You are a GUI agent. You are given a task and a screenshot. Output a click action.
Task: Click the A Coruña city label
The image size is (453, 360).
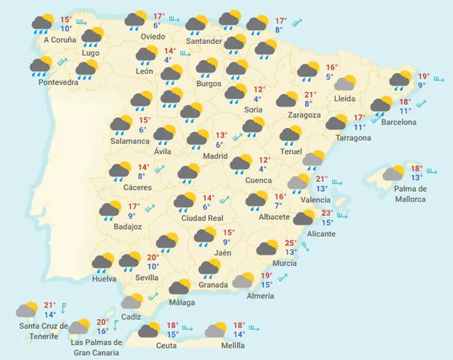coord(59,40)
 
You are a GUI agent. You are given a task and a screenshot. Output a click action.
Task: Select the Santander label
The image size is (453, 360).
coord(204,41)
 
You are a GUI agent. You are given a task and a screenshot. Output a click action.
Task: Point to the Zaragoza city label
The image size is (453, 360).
coord(304,115)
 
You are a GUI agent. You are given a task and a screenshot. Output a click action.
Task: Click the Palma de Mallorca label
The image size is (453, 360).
coord(410,194)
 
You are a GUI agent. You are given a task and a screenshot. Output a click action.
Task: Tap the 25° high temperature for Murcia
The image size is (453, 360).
coord(290,243)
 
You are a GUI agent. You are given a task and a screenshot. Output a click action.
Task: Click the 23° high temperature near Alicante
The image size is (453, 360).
coord(326,213)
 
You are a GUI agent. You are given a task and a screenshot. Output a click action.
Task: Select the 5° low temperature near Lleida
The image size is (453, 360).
coord(330,77)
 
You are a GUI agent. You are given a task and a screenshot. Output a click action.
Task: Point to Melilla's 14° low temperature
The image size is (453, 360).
coord(240,335)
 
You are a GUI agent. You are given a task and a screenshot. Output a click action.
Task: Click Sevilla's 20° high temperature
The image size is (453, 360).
coord(152,257)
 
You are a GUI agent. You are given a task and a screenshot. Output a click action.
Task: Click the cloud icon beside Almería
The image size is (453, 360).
coord(244,280)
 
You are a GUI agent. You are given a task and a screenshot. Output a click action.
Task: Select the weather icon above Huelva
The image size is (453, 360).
coord(103,261)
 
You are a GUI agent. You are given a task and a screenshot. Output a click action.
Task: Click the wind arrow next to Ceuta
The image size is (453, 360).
coord(188,329)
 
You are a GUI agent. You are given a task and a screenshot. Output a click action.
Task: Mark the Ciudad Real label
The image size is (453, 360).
coord(202,218)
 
